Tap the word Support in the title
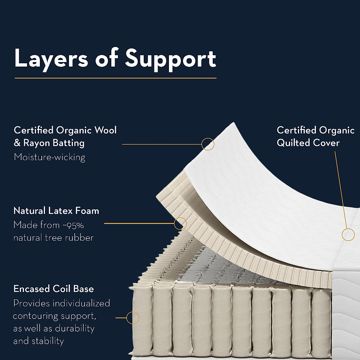click(x=170, y=58)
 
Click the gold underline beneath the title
click(x=115, y=78)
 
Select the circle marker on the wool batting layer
click(x=208, y=144)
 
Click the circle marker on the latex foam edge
click(x=180, y=223)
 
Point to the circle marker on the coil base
click(x=133, y=318)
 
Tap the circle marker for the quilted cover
click(x=348, y=234)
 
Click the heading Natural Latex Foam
click(x=56, y=211)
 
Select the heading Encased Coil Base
click(x=54, y=289)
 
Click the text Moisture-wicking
click(x=49, y=157)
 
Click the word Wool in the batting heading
click(x=105, y=130)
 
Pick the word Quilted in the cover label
click(x=293, y=143)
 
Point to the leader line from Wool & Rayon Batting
click(x=162, y=144)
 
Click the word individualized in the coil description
click(x=81, y=303)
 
